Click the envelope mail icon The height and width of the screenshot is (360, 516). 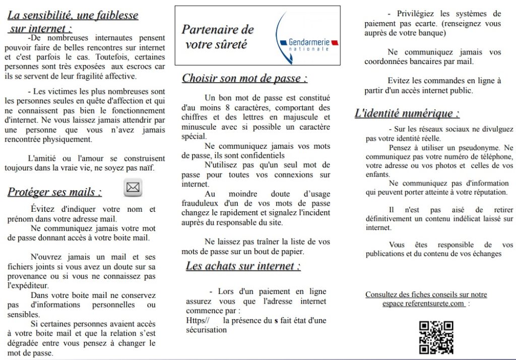[x=133, y=188]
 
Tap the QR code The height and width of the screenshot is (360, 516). [x=436, y=337]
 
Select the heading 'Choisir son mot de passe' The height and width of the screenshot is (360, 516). [x=244, y=79]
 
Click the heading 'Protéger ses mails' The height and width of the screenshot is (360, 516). [x=54, y=192]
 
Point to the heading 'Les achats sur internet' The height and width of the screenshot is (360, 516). [x=243, y=266]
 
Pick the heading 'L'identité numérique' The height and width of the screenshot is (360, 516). [x=407, y=113]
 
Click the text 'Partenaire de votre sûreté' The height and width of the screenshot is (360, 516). [x=218, y=37]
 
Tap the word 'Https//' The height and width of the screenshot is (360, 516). [x=197, y=321]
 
